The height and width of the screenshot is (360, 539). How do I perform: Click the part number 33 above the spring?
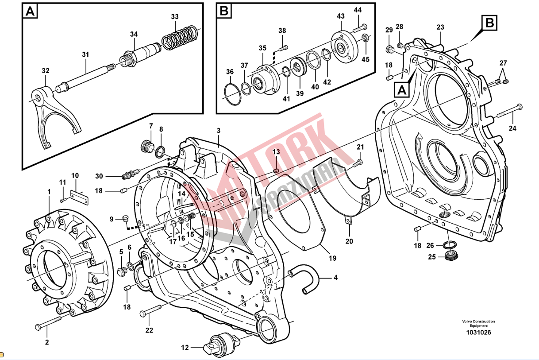tap(175, 17)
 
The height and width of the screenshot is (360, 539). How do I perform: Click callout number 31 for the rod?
tap(85, 54)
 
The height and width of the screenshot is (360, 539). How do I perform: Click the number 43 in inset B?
tap(340, 16)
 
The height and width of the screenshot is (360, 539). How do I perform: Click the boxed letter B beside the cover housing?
tap(489, 23)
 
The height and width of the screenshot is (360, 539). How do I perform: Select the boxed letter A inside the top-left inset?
tap(30, 11)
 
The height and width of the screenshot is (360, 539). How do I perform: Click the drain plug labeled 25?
tap(451, 255)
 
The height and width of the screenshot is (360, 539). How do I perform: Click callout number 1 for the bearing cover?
tap(49, 192)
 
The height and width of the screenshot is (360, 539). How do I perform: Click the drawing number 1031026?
tap(478, 333)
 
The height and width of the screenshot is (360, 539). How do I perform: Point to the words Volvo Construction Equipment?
tap(478, 323)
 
